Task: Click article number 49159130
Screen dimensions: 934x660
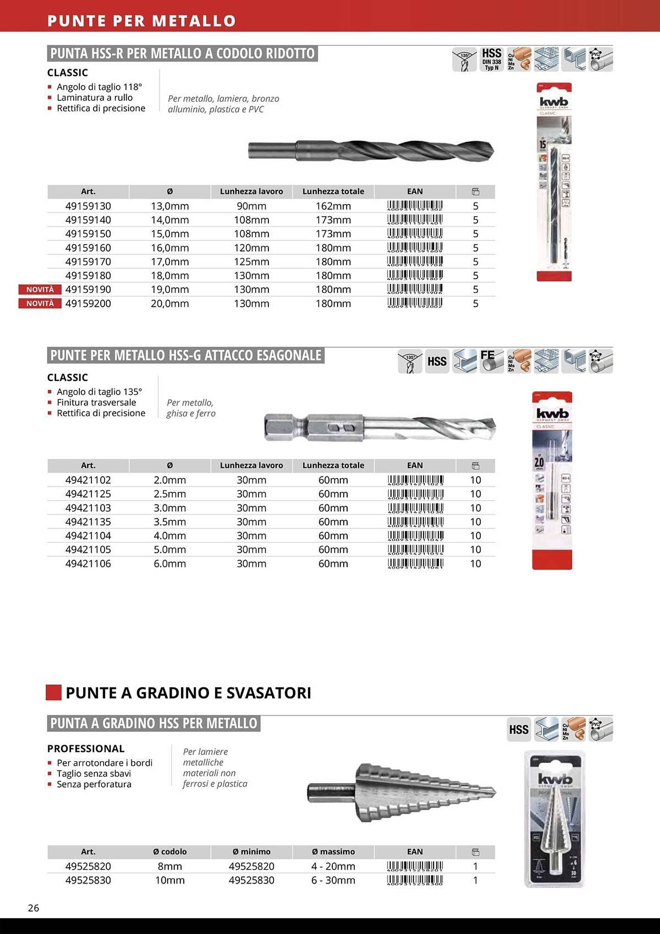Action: pyautogui.click(x=88, y=206)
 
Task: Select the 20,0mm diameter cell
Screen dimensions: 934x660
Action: pyautogui.click(x=170, y=304)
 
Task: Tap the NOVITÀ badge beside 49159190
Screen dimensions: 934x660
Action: pyautogui.click(x=40, y=290)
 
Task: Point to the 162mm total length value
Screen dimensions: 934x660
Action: pyautogui.click(x=333, y=206)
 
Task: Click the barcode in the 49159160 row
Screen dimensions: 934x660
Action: pyautogui.click(x=415, y=248)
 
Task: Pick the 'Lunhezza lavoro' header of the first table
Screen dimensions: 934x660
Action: pyautogui.click(x=252, y=191)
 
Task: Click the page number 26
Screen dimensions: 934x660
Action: pyautogui.click(x=34, y=908)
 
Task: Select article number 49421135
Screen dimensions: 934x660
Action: pyautogui.click(x=88, y=522)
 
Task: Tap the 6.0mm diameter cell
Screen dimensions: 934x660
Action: pyautogui.click(x=170, y=564)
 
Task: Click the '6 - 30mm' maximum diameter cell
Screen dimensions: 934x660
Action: pyautogui.click(x=333, y=880)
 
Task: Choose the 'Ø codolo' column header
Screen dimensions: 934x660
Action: pyautogui.click(x=170, y=852)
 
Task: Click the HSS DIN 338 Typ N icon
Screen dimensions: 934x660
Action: pyautogui.click(x=491, y=59)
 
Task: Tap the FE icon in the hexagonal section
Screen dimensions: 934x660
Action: pyautogui.click(x=491, y=361)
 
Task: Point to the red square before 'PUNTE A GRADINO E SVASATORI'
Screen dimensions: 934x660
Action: pyautogui.click(x=54, y=693)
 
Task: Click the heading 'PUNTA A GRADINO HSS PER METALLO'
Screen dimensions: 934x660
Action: pyautogui.click(x=154, y=723)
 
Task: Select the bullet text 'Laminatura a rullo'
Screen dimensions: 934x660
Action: pyautogui.click(x=95, y=98)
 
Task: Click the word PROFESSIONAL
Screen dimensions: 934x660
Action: pyautogui.click(x=86, y=749)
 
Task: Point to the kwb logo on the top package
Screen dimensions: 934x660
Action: pyautogui.click(x=554, y=102)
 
